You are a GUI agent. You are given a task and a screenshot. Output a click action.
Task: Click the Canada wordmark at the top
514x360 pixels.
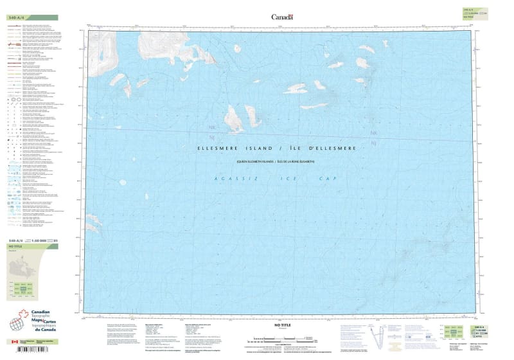282,17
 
